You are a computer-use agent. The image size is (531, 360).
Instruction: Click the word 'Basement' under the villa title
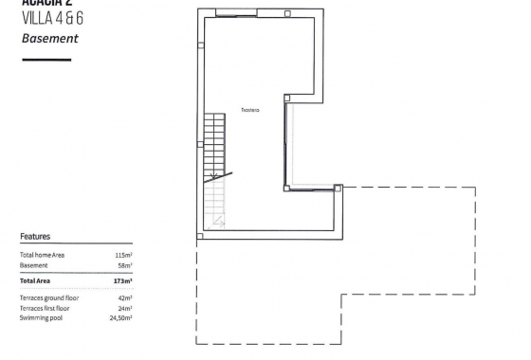pyautogui.click(x=49, y=39)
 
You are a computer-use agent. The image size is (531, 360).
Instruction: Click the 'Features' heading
pyautogui.click(x=35, y=237)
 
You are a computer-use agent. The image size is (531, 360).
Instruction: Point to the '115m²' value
pyautogui.click(x=123, y=256)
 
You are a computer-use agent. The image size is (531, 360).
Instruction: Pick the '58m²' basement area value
pyautogui.click(x=125, y=266)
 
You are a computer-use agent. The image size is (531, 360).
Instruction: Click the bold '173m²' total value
pyautogui.click(x=123, y=281)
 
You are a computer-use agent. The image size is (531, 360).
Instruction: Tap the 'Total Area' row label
pyautogui.click(x=35, y=281)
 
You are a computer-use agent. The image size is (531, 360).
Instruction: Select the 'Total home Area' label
pyautogui.click(x=42, y=256)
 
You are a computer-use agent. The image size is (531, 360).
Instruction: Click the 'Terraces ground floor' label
pyautogui.click(x=49, y=298)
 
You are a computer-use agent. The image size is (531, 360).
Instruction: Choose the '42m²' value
pyautogui.click(x=125, y=298)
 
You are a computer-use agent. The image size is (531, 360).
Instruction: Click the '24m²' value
pyautogui.click(x=125, y=308)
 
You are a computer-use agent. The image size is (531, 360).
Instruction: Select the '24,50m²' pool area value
pyautogui.click(x=120, y=317)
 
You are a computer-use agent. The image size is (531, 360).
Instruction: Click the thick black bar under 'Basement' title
pyautogui.click(x=46, y=60)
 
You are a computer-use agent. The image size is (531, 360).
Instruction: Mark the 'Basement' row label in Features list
pyautogui.click(x=33, y=266)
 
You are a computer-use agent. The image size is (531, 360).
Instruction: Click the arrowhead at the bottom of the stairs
pyautogui.click(x=219, y=222)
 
